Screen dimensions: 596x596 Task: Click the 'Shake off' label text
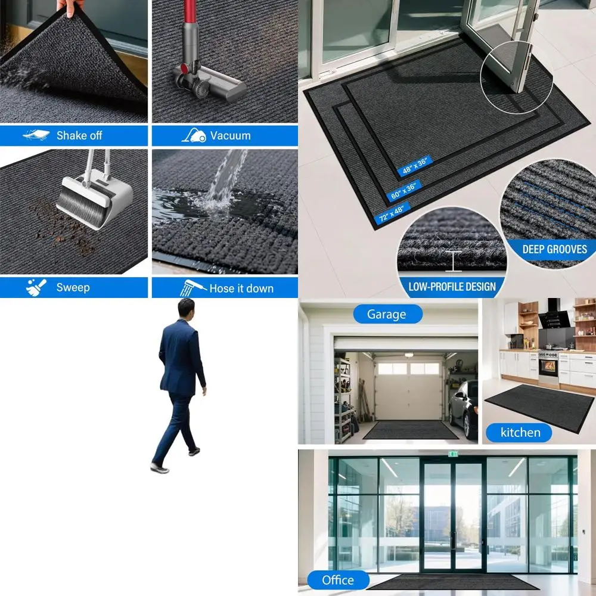tap(79, 135)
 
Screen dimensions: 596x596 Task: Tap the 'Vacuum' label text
tap(230, 135)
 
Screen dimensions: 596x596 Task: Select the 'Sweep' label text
tap(73, 287)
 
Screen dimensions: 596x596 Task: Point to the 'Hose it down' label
tap(241, 288)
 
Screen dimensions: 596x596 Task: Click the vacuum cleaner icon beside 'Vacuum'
tap(194, 135)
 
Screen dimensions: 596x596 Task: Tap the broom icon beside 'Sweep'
tap(36, 287)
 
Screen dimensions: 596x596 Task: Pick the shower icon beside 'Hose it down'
tap(194, 287)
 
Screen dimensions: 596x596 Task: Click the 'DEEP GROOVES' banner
tap(554, 249)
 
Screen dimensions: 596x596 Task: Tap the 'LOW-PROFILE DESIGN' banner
tap(452, 287)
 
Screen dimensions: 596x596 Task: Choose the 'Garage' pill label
tap(387, 314)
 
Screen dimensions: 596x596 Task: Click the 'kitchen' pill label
tap(520, 433)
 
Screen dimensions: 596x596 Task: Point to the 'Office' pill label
tap(338, 580)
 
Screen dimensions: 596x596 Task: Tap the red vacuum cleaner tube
tap(190, 30)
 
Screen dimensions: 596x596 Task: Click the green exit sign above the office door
tap(453, 454)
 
